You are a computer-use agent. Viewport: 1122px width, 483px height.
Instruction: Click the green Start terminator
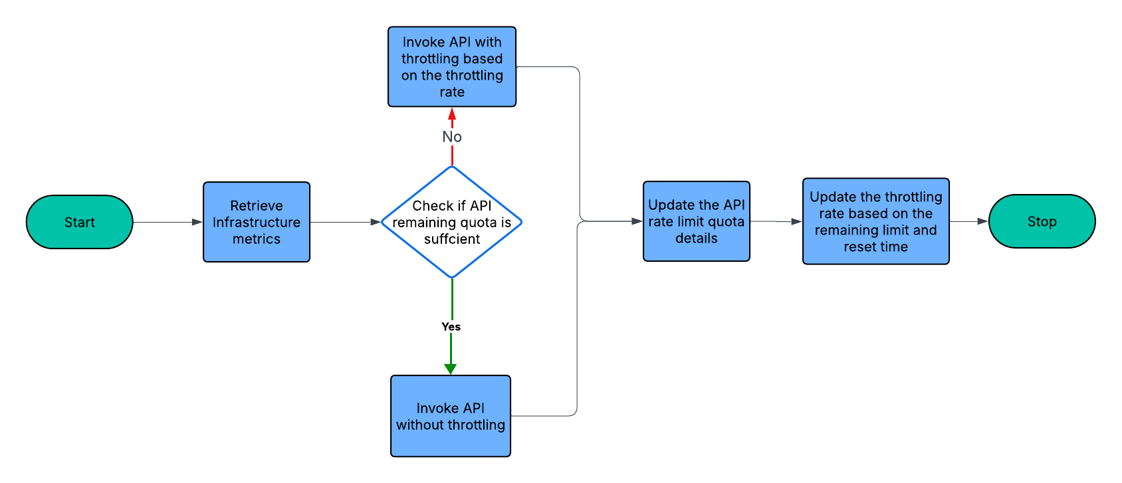(x=80, y=222)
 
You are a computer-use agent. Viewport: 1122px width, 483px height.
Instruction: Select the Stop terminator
(x=1042, y=221)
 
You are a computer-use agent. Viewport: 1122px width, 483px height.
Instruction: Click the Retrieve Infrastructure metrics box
(x=257, y=222)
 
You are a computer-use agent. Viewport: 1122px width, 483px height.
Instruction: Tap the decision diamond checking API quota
(x=452, y=222)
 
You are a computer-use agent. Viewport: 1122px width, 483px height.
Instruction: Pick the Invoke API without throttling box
(x=451, y=416)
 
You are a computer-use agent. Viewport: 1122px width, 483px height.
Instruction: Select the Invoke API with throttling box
(x=452, y=66)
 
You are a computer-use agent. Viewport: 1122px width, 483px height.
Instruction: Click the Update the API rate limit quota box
(x=696, y=221)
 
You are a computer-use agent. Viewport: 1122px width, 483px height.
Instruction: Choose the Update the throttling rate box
(x=875, y=221)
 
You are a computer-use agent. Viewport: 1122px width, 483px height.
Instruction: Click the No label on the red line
(x=452, y=137)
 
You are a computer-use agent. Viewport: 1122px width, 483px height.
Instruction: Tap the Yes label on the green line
(x=451, y=326)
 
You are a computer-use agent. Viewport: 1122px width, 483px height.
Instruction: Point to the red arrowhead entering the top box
(x=452, y=114)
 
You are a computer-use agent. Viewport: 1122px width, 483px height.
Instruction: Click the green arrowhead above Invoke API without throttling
(x=450, y=369)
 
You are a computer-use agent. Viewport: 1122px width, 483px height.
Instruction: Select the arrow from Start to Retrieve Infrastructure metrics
(x=168, y=222)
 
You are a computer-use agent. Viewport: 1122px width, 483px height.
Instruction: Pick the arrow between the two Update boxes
(x=776, y=221)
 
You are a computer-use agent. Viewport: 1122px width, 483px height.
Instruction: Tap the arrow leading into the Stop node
(x=968, y=221)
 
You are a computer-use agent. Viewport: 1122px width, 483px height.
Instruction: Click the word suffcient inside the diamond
(x=452, y=239)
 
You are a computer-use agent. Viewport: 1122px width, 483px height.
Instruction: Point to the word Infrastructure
(x=257, y=222)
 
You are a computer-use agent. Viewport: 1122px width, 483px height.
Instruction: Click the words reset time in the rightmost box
(x=875, y=246)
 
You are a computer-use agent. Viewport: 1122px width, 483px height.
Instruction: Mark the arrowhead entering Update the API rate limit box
(x=637, y=221)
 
